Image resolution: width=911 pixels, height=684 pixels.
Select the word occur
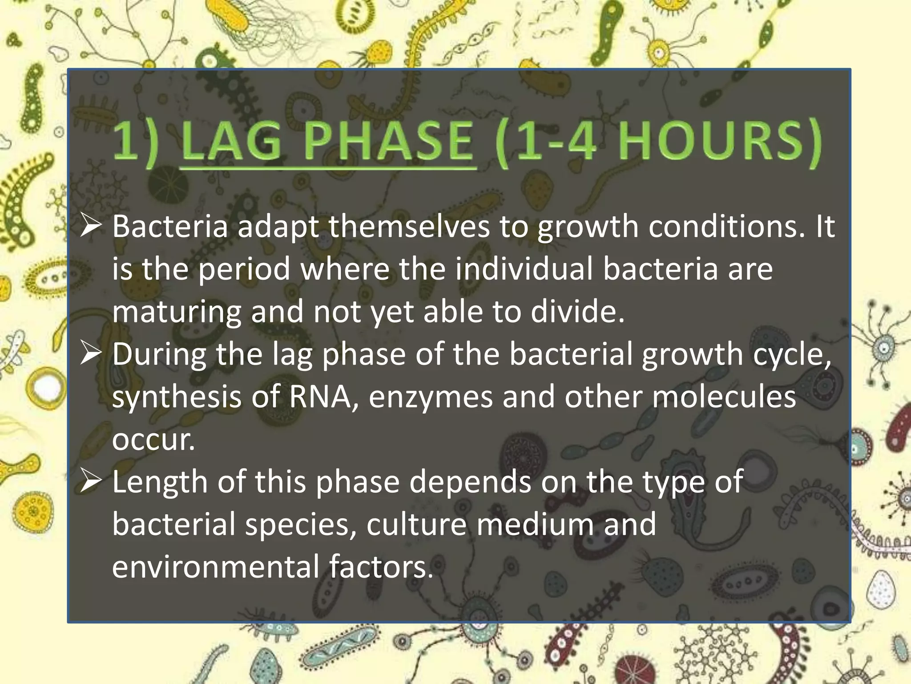[x=153, y=440]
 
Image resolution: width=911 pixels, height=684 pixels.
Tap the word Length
[x=160, y=483]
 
